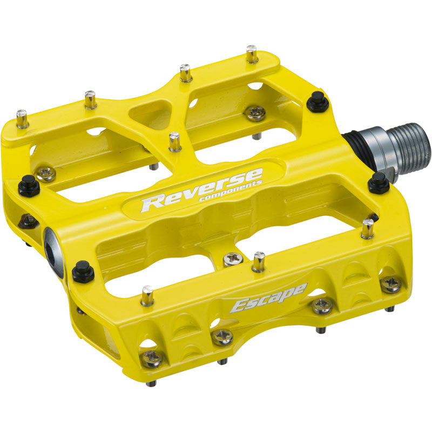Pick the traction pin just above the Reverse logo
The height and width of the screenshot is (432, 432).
click(x=174, y=142)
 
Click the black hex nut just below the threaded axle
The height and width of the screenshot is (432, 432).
click(x=379, y=183)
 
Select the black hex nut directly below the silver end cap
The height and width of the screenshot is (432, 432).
click(x=83, y=271)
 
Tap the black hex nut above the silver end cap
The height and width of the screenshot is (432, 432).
click(x=28, y=186)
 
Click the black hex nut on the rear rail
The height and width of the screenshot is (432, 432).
click(x=318, y=101)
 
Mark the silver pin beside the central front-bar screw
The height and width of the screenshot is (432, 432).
click(x=259, y=262)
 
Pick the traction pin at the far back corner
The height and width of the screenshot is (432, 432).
click(x=252, y=54)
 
